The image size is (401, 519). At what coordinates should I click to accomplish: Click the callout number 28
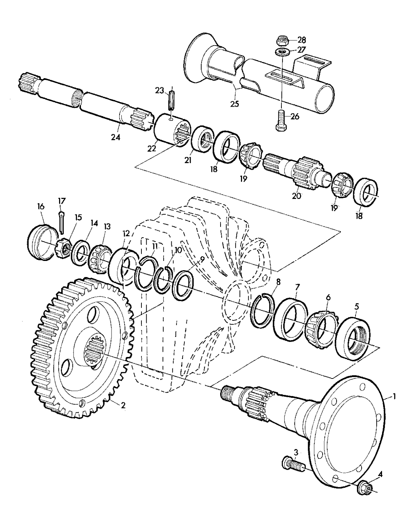point(302,40)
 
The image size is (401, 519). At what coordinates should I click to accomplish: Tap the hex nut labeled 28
point(282,39)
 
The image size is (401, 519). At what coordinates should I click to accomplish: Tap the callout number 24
point(116,138)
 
